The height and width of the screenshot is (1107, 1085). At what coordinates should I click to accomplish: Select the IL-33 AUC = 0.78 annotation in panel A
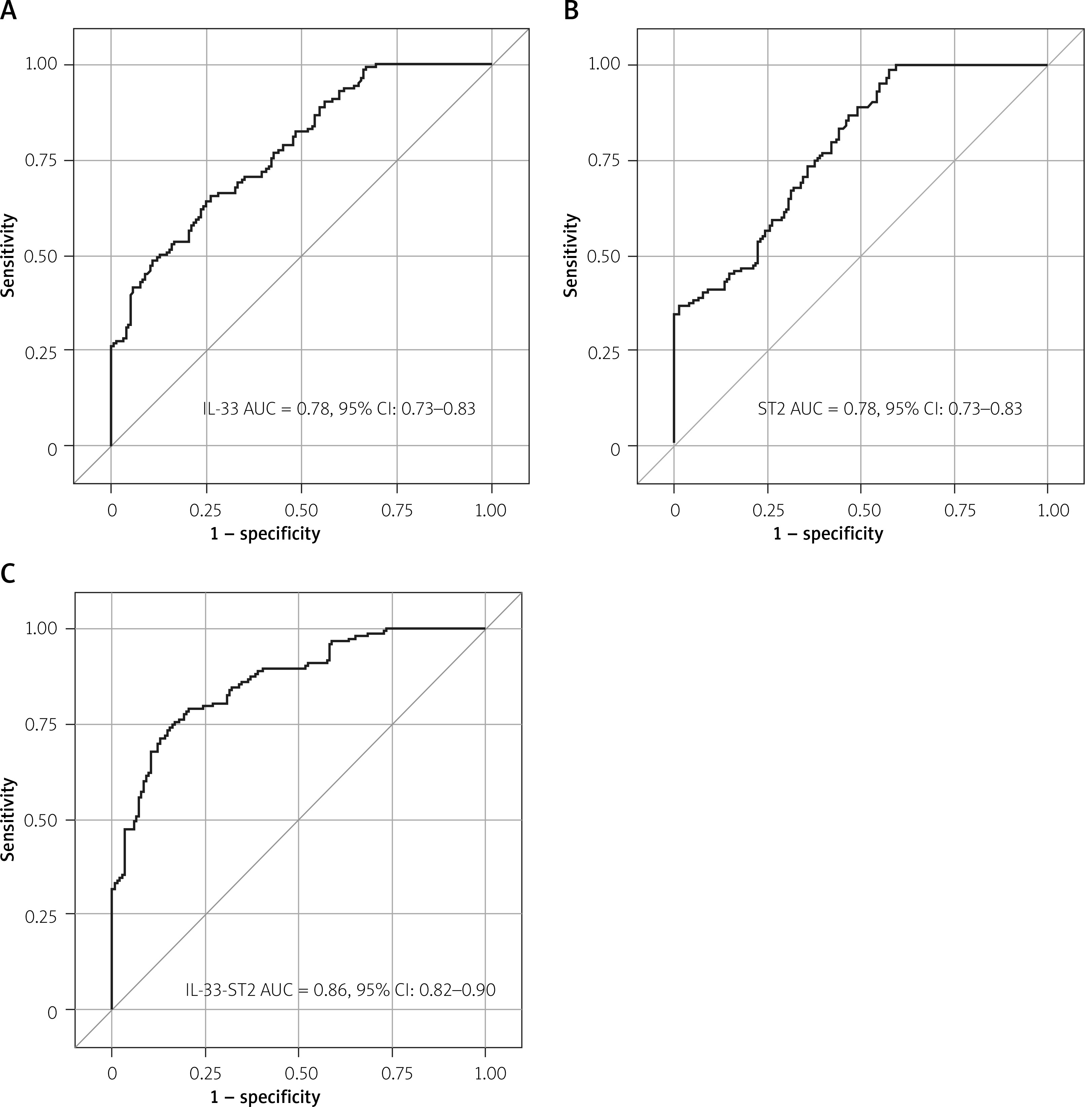(339, 409)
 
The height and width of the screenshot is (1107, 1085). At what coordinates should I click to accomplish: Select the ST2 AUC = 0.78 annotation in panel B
(889, 409)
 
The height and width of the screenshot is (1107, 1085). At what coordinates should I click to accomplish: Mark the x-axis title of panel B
(828, 534)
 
